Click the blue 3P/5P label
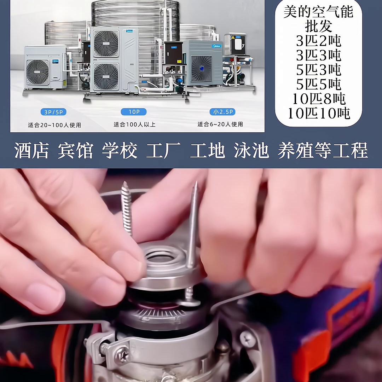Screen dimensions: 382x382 [x=54, y=112]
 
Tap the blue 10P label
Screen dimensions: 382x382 [x=133, y=112]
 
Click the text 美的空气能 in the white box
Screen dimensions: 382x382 [x=318, y=12]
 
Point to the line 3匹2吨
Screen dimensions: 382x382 [x=318, y=41]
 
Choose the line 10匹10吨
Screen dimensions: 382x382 [x=318, y=114]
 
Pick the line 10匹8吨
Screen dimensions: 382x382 [x=318, y=99]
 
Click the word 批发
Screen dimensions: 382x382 [x=318, y=27]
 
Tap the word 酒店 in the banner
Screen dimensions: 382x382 [x=31, y=150]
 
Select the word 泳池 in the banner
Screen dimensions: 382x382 [x=251, y=150]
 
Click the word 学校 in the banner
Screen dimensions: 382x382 [x=119, y=150]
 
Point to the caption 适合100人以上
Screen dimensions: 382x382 [x=134, y=125]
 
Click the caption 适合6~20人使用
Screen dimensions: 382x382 [x=220, y=125]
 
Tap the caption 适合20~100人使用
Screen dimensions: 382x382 [x=54, y=125]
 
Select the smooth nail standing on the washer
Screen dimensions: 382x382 [x=193, y=226]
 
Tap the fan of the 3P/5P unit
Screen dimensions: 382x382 [x=38, y=72]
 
